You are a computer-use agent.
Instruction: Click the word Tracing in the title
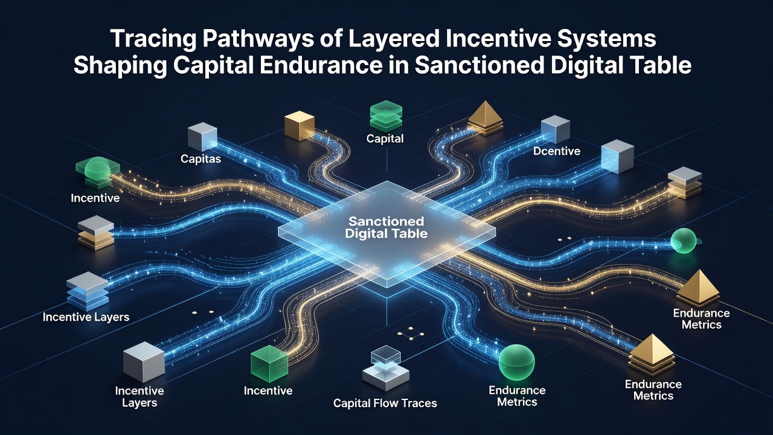pos(153,39)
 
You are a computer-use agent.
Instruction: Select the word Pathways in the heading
pos(258,39)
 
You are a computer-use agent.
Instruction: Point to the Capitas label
pos(200,159)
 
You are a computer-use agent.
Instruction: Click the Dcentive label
pos(557,151)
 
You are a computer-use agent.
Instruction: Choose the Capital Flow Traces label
pos(385,403)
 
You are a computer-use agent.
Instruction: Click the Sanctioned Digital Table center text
pos(386,228)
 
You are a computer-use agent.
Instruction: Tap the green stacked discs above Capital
pos(386,116)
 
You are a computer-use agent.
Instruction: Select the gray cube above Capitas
pos(202,137)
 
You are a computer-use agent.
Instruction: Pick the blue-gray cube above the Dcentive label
pos(555,129)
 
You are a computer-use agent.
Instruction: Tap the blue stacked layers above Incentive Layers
pos(88,291)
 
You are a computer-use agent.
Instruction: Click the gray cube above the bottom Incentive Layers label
pos(144,362)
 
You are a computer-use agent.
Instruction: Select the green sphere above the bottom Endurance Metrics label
pos(516,362)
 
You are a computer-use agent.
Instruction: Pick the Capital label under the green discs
pos(385,139)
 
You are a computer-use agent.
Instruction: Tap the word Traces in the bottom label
pos(419,403)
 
